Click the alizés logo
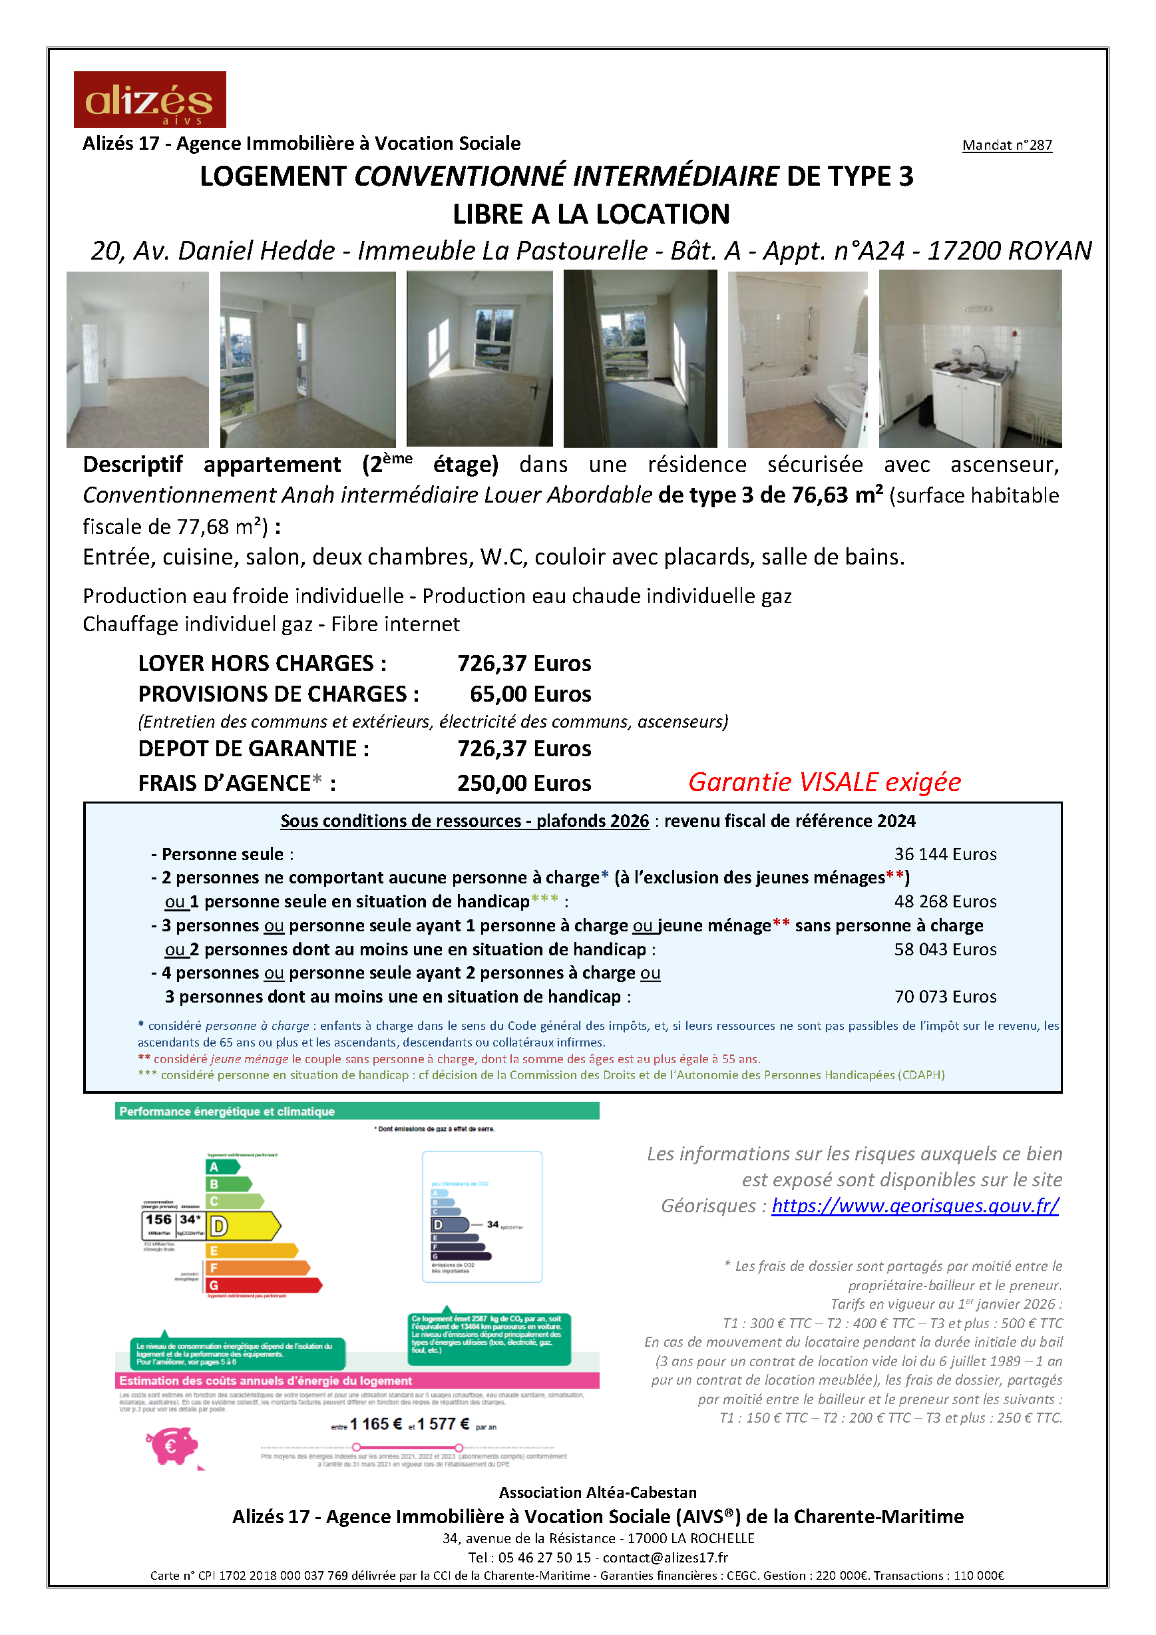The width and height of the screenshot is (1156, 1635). point(150,99)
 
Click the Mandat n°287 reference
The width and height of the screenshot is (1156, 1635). point(1006,145)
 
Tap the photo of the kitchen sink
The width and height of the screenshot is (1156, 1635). point(970,359)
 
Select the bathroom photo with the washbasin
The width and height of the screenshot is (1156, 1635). point(797,359)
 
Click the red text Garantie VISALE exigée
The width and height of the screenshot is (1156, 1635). point(825,782)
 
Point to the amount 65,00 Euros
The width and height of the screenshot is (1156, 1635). point(530,694)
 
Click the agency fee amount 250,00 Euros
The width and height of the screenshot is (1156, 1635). point(524,784)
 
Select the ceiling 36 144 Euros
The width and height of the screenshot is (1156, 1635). point(944,854)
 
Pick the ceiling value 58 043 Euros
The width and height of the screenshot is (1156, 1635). point(944,949)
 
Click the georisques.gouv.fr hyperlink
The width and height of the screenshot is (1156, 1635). point(914,1206)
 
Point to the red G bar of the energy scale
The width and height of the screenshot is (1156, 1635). point(264,1285)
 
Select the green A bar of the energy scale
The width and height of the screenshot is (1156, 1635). point(222,1167)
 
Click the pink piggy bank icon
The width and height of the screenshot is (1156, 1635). point(172,1445)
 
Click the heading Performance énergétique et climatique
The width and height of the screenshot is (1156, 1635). point(227,1112)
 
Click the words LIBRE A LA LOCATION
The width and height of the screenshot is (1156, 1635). point(591,214)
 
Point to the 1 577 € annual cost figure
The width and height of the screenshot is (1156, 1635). point(443,1424)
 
